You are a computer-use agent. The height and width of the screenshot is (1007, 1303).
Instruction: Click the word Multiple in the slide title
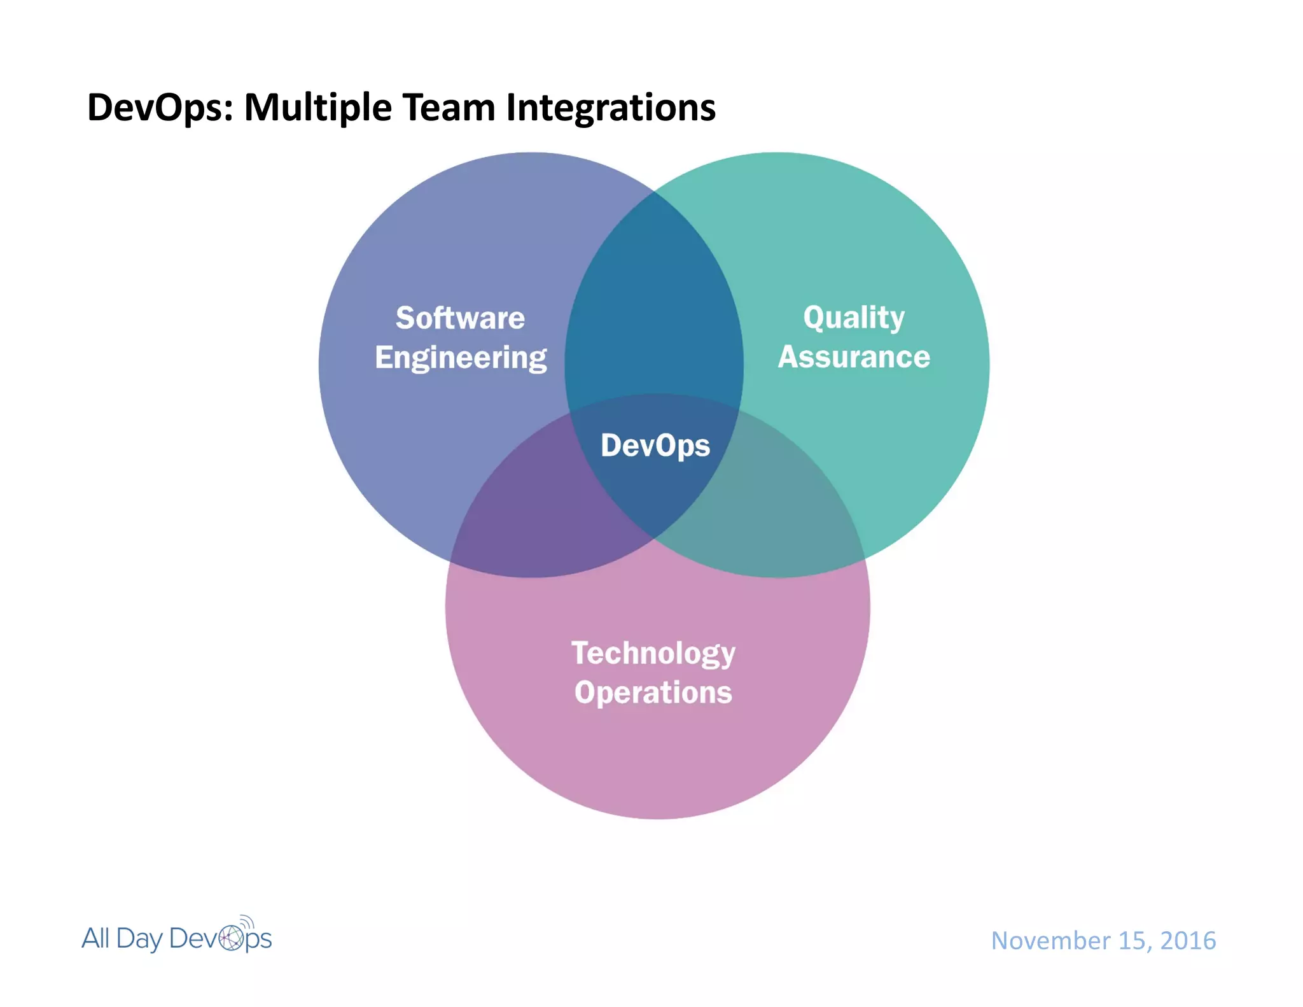click(317, 108)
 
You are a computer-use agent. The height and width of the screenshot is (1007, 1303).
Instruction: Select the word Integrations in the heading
click(610, 108)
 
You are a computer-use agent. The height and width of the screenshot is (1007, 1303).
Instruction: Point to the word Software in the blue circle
click(460, 318)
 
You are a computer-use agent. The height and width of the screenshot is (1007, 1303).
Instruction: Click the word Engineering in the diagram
click(461, 358)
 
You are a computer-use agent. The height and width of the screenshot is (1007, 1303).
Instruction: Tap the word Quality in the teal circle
click(853, 318)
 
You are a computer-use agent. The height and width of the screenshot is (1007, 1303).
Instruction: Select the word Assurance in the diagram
click(854, 357)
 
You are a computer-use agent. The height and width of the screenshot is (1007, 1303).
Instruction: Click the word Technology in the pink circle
click(653, 653)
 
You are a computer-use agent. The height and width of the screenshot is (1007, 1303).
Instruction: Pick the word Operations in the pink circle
click(653, 693)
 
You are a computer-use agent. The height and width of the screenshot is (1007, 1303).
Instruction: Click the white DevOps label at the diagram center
click(655, 445)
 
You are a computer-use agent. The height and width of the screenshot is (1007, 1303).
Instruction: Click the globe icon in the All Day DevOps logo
click(231, 938)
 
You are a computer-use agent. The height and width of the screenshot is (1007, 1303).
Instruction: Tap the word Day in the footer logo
click(139, 939)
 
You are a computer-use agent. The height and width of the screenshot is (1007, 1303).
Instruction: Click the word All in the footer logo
click(95, 938)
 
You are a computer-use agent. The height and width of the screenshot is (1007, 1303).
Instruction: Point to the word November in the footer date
click(1050, 941)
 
